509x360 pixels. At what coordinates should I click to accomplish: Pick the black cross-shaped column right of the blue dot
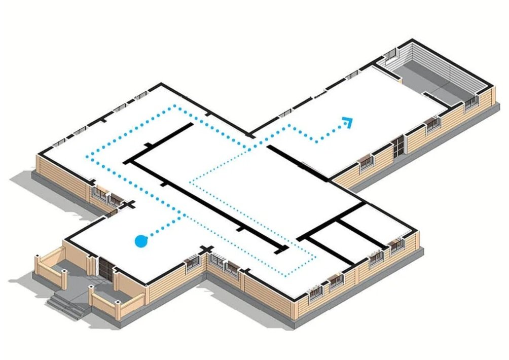point(206,249)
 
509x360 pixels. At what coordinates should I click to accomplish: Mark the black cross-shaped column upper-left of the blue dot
point(130,205)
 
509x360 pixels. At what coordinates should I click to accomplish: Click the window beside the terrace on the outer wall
point(472,102)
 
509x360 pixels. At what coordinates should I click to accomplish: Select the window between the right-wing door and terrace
point(430,123)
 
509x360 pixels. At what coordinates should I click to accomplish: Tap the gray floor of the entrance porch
point(76,274)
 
